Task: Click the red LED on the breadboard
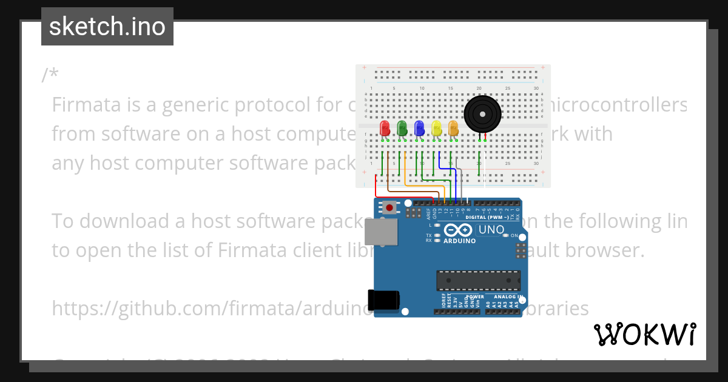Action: (x=385, y=129)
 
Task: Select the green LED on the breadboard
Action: (x=402, y=129)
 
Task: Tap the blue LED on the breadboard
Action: (x=419, y=129)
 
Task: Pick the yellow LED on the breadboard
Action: (x=436, y=129)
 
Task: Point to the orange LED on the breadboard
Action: (x=453, y=129)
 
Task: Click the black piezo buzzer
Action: (x=483, y=113)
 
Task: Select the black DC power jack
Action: (x=383, y=300)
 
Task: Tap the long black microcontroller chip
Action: (x=478, y=280)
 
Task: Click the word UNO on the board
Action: (x=491, y=230)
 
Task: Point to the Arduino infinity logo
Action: (x=458, y=230)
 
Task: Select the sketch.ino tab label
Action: (x=107, y=27)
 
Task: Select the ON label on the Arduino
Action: (x=514, y=235)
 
